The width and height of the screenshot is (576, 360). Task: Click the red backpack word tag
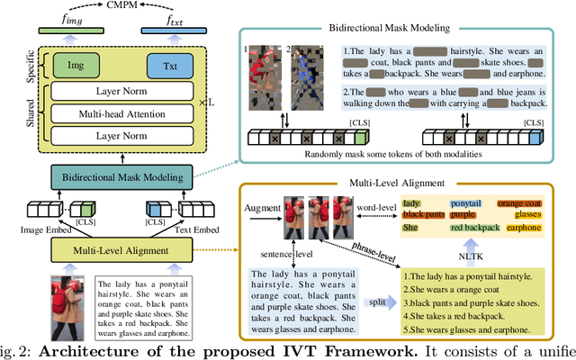click(x=475, y=229)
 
